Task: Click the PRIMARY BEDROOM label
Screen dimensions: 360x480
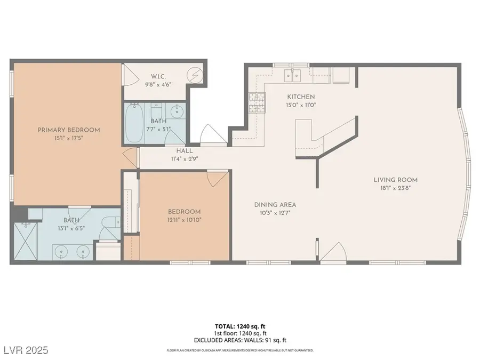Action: [x=68, y=130]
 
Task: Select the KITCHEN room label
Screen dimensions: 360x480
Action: [x=301, y=97]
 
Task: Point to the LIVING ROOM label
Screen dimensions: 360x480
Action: [x=395, y=180]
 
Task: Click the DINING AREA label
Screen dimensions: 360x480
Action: [x=275, y=204]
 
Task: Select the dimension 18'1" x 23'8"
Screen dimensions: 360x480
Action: [x=395, y=188]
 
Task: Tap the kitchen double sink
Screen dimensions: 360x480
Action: [x=292, y=75]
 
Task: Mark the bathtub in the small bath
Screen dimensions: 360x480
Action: [x=134, y=124]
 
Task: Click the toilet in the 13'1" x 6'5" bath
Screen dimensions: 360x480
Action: [x=111, y=223]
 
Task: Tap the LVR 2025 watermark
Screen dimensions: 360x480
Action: [x=26, y=350]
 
